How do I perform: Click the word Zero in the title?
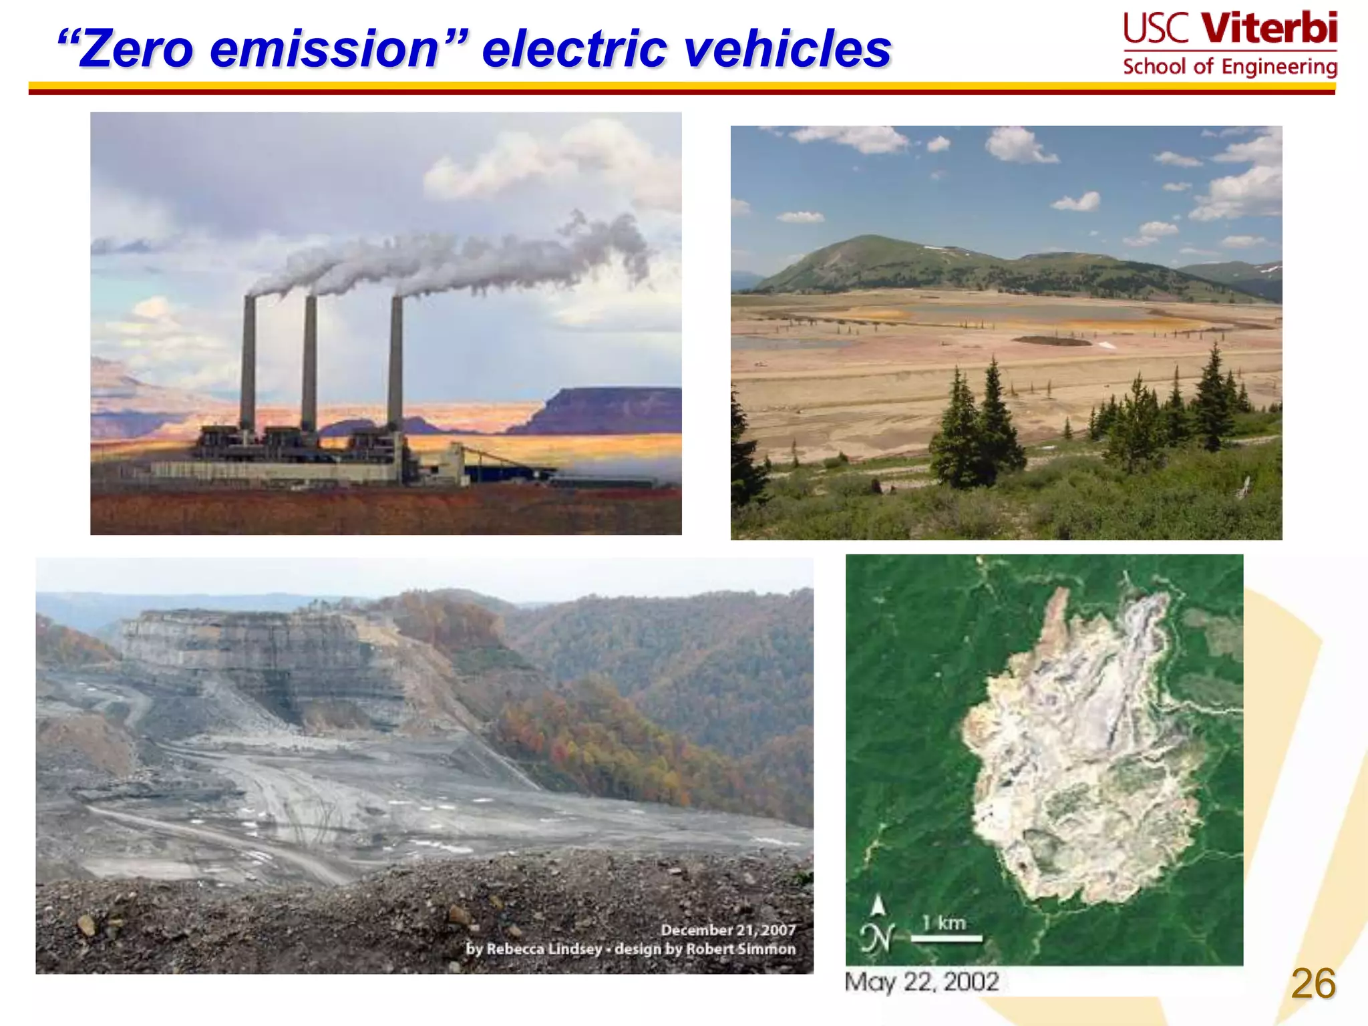tap(136, 49)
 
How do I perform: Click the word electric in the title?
tap(574, 49)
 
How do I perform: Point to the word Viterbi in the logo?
tap(1269, 28)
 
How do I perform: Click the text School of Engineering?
tap(1230, 67)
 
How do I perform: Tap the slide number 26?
tap(1313, 983)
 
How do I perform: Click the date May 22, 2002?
tap(922, 982)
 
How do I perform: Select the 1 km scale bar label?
tap(944, 923)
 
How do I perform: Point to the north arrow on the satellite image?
tap(878, 907)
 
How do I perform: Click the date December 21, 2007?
tap(728, 930)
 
